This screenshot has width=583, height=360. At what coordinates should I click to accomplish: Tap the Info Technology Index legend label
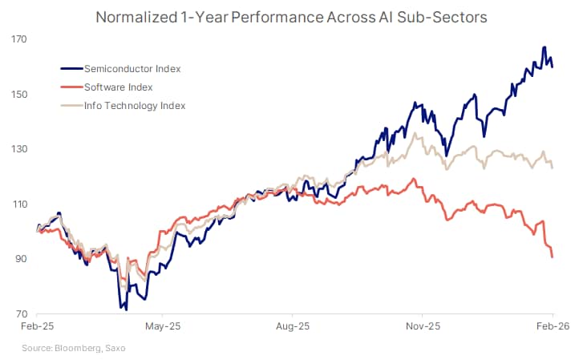(135, 106)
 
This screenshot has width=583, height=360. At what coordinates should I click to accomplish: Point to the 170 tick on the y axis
(20, 39)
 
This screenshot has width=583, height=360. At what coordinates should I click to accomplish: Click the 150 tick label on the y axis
(20, 95)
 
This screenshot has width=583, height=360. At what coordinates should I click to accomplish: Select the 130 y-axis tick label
(20, 149)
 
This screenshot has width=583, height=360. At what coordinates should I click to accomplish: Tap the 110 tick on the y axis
(20, 204)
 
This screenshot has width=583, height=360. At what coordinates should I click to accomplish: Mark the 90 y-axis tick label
(22, 259)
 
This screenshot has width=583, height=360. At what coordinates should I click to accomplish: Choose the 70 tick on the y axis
(22, 314)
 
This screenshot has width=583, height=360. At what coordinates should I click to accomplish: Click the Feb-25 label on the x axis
(38, 327)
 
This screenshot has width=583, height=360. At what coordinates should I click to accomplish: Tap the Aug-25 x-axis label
(293, 327)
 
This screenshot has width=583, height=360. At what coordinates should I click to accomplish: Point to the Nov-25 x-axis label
(423, 327)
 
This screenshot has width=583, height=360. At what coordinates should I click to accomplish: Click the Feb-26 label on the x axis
(552, 327)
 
